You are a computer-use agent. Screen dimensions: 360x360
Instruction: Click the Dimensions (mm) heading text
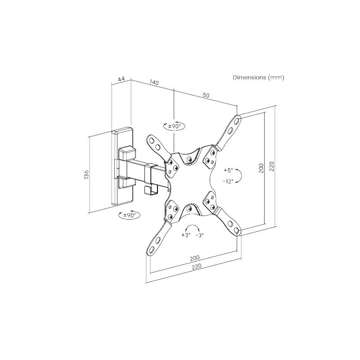point(258,77)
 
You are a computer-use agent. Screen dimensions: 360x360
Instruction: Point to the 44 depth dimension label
point(121,79)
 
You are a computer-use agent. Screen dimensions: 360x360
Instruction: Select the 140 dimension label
point(154,83)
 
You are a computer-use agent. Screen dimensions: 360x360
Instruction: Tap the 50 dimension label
point(206,95)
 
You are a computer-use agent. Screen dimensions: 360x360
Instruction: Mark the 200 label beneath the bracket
point(194,258)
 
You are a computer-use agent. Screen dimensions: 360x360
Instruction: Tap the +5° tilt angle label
point(229,171)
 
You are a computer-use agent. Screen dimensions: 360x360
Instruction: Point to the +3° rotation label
point(186,235)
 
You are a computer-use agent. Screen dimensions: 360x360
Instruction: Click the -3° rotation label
point(200,235)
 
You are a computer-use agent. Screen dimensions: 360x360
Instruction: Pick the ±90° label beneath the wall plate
point(129,215)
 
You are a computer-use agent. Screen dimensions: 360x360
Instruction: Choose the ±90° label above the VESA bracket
point(174,126)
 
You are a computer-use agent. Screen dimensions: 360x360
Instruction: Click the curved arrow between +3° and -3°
point(193,227)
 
